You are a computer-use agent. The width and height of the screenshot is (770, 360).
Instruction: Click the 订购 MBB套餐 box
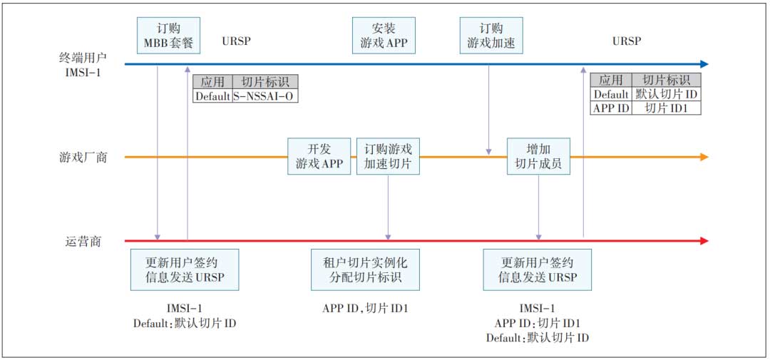[x=168, y=35]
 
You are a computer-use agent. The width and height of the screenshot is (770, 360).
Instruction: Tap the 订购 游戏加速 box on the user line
[x=491, y=35]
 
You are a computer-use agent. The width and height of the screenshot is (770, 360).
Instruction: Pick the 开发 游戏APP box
[x=319, y=156]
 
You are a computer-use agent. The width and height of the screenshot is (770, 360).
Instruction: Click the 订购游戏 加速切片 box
[x=388, y=156]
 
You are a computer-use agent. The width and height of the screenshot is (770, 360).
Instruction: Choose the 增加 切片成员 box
[x=538, y=156]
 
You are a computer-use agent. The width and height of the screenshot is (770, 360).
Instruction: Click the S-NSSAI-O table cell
[x=265, y=96]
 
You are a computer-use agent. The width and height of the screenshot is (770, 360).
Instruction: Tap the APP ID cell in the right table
[x=610, y=108]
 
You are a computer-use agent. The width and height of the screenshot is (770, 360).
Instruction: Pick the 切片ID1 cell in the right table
[x=666, y=108]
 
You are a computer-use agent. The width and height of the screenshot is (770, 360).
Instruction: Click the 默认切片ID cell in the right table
[x=666, y=94]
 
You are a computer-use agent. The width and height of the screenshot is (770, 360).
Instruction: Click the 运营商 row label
[x=81, y=241]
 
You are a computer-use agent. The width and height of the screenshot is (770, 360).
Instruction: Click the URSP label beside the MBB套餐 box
[x=237, y=41]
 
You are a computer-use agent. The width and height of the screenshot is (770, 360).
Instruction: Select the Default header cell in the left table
[x=212, y=96]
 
